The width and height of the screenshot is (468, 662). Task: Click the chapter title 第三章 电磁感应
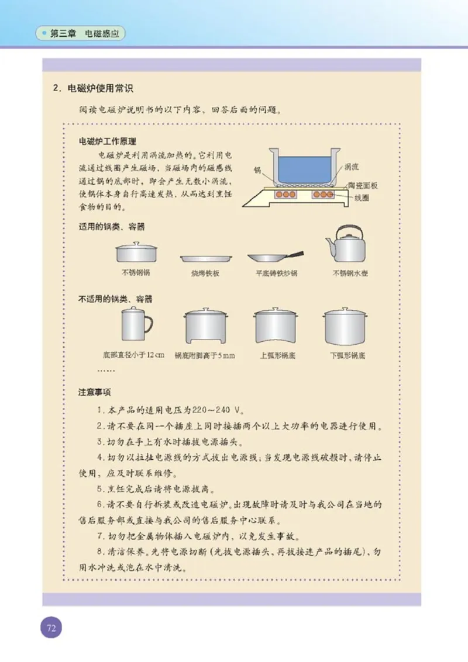coord(84,34)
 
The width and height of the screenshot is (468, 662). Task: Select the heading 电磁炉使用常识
coord(100,89)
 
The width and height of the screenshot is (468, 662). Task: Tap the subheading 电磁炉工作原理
coord(108,141)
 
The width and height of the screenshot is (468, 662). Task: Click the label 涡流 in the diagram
coord(352,167)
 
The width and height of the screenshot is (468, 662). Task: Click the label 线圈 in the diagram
coord(361,198)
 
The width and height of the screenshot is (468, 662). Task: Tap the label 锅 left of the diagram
coord(257,170)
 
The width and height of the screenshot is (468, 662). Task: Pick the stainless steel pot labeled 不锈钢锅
coord(136,252)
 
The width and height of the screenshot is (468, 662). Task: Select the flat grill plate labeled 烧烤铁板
coord(206,258)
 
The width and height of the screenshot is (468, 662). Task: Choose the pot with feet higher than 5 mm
coord(205,327)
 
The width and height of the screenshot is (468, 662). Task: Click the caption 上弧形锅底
coord(277,355)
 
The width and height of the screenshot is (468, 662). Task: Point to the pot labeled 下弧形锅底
coord(345,327)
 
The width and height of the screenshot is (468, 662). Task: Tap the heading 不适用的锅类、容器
coord(115,299)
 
